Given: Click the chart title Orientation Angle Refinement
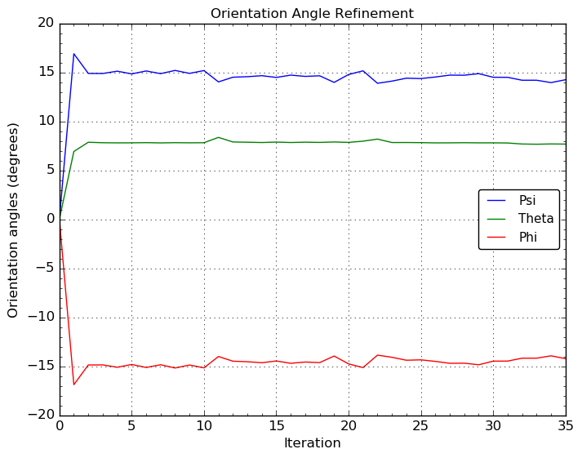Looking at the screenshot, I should (312, 14).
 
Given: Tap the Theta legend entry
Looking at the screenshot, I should (536, 219).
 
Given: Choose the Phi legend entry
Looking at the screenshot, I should (528, 237).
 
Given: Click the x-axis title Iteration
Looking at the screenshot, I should (312, 443).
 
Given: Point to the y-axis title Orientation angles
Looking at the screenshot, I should (14, 220).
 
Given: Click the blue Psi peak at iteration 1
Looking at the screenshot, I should (74, 54).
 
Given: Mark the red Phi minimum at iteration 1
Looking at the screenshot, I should (74, 385).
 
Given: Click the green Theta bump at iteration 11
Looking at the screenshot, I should (218, 137).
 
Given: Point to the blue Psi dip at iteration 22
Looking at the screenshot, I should (377, 83).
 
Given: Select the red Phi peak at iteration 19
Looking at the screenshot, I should (334, 356).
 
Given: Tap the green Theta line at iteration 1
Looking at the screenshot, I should (74, 151).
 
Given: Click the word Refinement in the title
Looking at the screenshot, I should (378, 14).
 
